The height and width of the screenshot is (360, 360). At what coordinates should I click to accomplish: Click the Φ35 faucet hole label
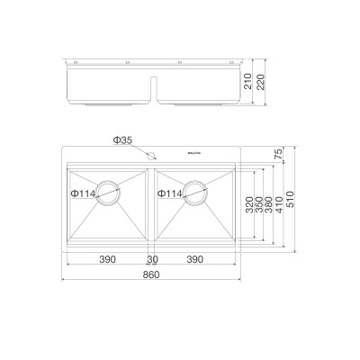coord(123,141)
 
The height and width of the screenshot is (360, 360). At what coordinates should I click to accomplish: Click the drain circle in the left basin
coord(108,193)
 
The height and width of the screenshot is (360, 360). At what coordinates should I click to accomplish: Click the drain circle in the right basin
coord(196,193)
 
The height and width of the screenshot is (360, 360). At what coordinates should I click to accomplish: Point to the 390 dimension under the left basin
coord(106,259)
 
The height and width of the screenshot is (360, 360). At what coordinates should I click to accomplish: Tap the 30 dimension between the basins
coord(151,259)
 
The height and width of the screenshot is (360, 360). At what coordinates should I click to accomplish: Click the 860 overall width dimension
coord(151,274)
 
